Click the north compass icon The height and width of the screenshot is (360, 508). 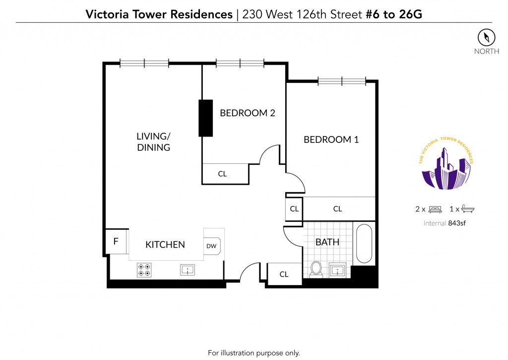click(x=486, y=37)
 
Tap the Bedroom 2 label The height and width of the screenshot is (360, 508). click(x=248, y=113)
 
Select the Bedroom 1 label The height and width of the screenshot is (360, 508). click(x=331, y=140)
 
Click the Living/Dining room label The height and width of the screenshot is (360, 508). click(x=154, y=142)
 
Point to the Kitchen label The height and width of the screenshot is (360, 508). click(x=165, y=244)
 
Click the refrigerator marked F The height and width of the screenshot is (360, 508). click(x=116, y=241)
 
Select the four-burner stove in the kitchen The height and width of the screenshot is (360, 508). click(x=144, y=270)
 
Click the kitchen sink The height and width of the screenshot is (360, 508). click(x=188, y=270)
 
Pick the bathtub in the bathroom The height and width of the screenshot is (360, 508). click(x=364, y=243)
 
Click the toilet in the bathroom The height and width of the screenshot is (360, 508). click(x=316, y=270)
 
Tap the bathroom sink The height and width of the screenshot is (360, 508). click(x=337, y=270)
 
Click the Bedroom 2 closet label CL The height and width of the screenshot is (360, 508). click(x=222, y=174)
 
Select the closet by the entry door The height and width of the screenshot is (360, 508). click(x=284, y=275)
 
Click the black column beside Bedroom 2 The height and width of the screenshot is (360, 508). click(x=206, y=118)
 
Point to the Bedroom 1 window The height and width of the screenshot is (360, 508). click(x=342, y=81)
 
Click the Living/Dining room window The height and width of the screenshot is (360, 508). click(x=144, y=63)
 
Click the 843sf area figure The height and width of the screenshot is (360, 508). click(x=457, y=223)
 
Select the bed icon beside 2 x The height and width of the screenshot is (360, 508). click(x=435, y=209)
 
